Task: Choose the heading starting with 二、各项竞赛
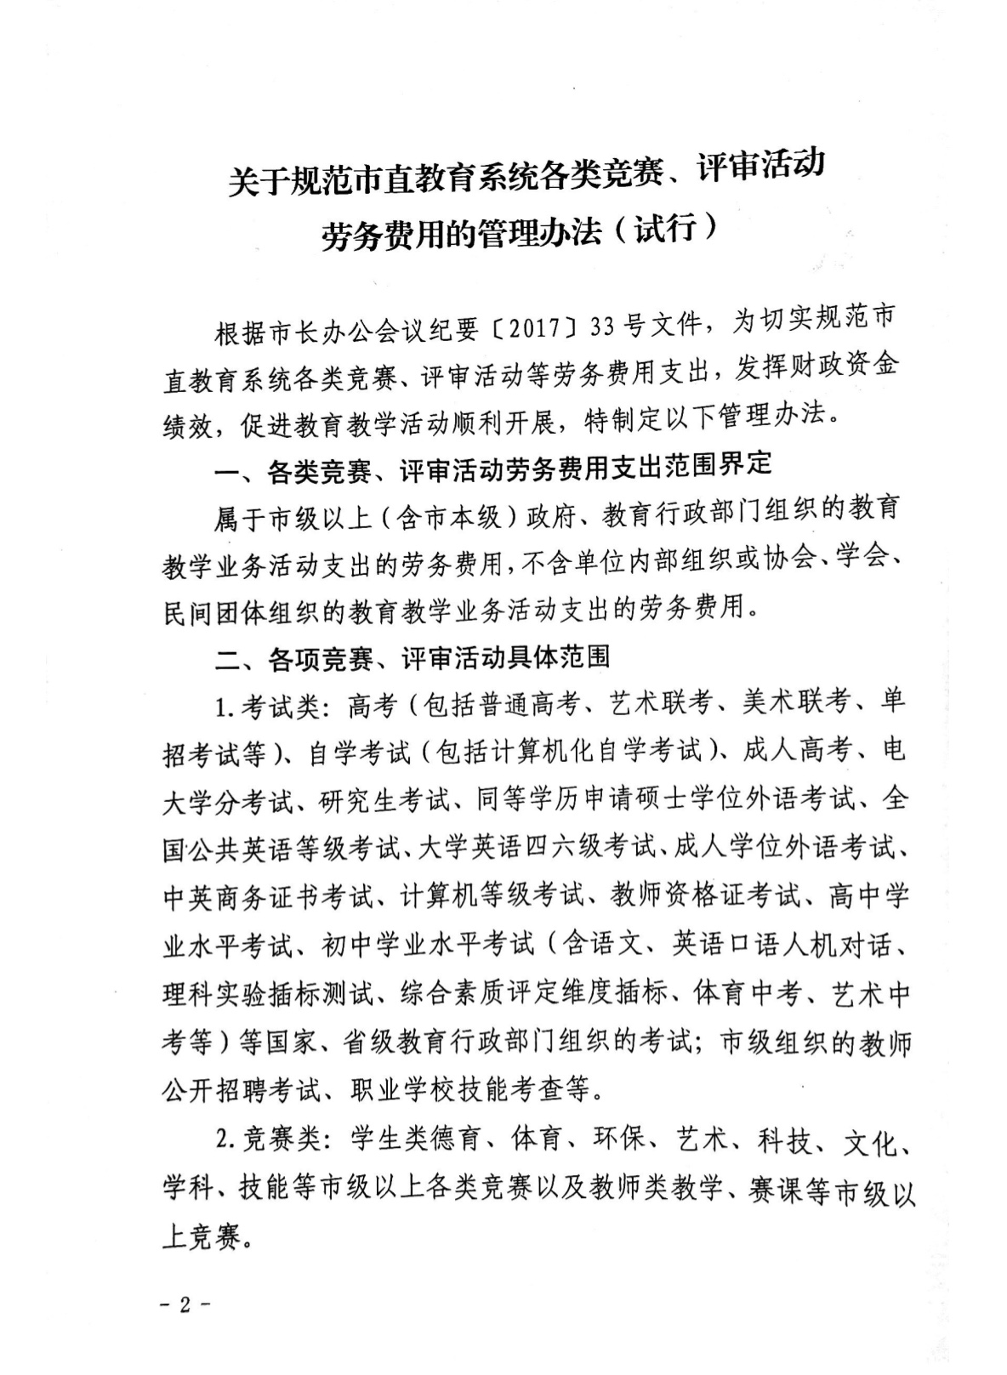click(412, 657)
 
